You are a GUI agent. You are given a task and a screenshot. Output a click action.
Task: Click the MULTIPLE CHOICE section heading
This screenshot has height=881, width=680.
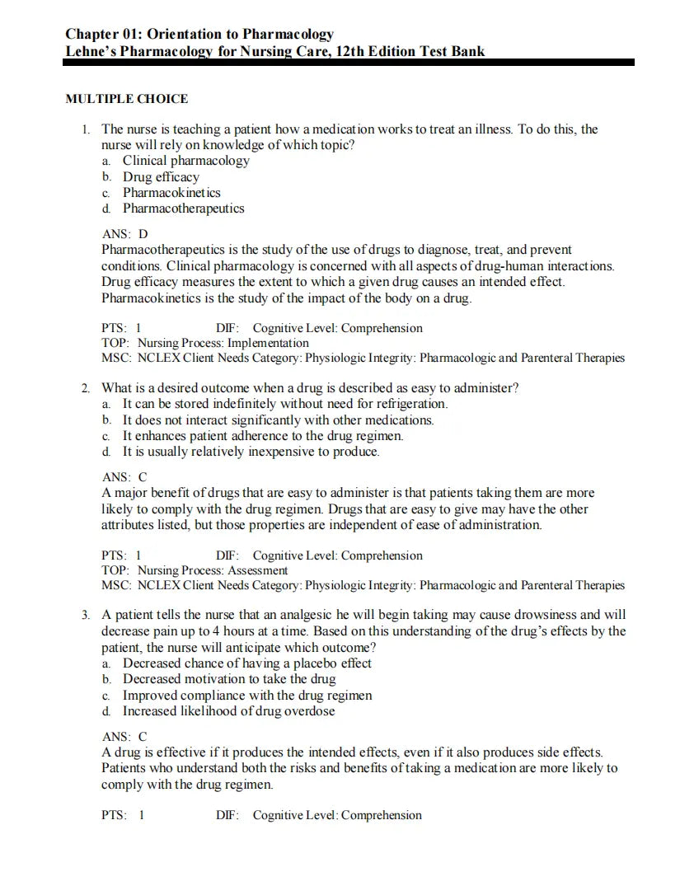(126, 99)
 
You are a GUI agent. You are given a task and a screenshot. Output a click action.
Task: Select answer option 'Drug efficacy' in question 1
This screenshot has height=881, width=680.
(161, 176)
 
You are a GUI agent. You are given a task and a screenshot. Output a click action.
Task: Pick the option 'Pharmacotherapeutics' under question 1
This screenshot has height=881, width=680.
(183, 209)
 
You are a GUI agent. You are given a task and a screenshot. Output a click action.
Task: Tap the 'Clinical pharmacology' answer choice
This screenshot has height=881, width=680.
(185, 161)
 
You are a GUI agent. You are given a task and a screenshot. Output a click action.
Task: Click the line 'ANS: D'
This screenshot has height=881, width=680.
(124, 234)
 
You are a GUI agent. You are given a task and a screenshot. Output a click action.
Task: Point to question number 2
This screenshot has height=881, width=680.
(86, 388)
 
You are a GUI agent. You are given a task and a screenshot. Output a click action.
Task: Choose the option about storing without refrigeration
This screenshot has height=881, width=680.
(284, 404)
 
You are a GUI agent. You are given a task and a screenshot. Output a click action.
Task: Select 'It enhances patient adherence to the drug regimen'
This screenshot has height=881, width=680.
(263, 436)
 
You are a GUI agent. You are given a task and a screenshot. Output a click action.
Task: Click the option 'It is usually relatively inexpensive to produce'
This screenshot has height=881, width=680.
(251, 452)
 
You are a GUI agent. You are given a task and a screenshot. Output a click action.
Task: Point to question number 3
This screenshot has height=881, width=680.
(86, 615)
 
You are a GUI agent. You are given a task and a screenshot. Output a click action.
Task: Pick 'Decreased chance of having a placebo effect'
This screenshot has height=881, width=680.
(246, 663)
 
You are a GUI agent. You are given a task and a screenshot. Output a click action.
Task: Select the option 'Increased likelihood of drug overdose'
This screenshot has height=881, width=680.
(228, 711)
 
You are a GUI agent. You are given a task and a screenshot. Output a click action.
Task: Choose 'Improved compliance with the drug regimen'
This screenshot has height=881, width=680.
(246, 696)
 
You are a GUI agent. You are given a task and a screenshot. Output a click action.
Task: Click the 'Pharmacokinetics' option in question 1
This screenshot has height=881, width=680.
(171, 193)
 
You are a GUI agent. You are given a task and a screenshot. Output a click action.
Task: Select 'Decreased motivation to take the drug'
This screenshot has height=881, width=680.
(228, 679)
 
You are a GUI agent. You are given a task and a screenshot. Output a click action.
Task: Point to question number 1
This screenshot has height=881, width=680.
(86, 129)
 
